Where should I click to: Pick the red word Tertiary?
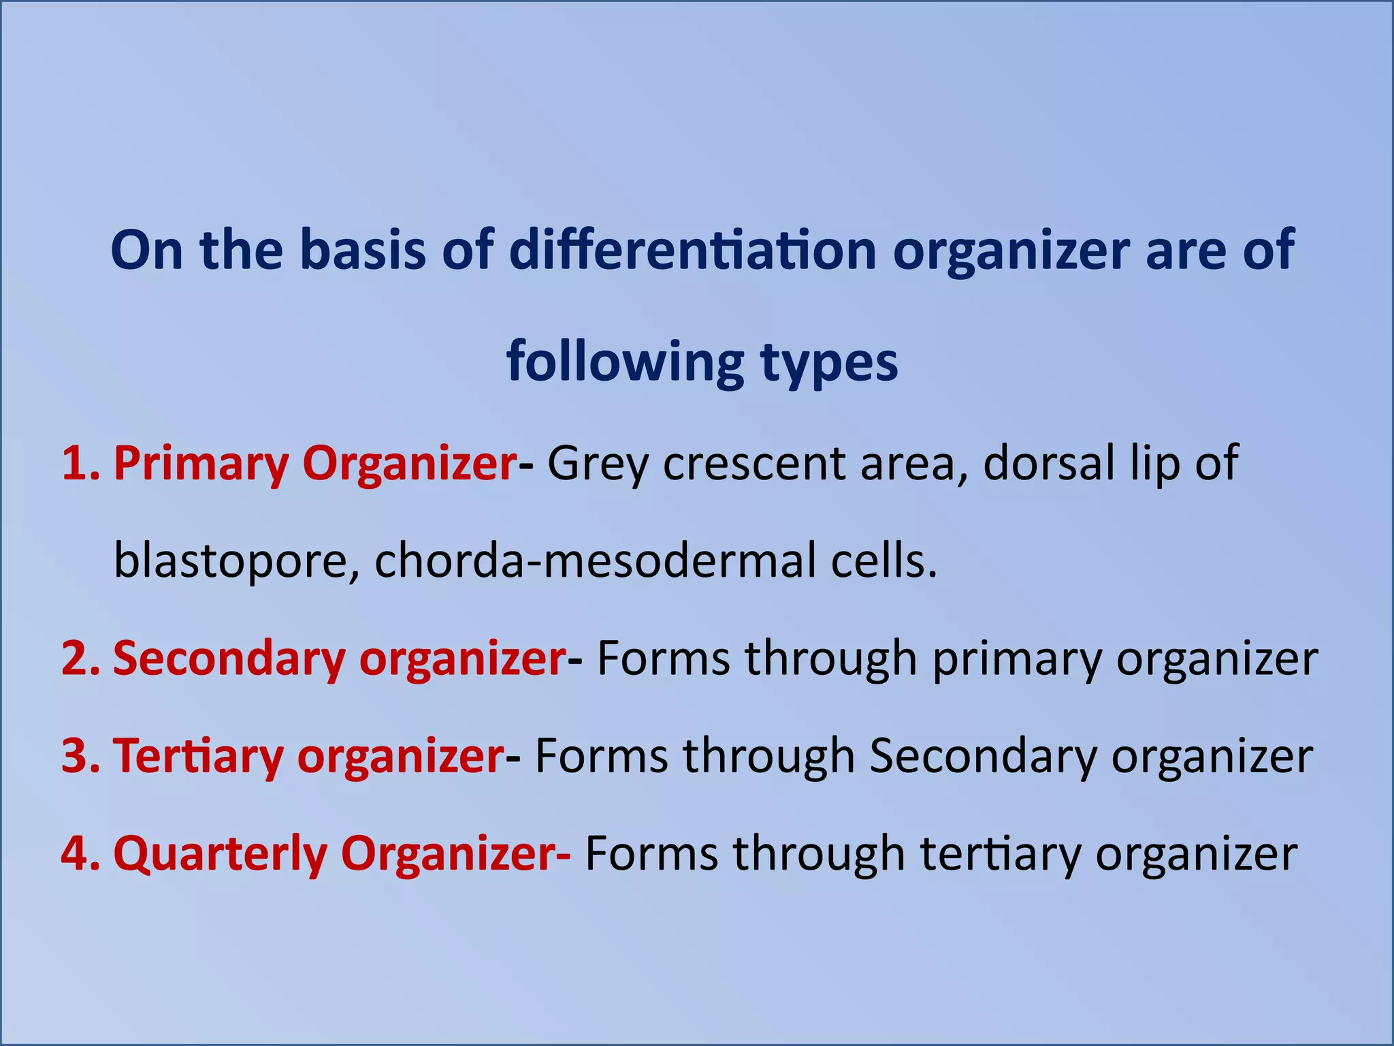point(198,757)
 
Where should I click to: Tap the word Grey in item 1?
point(598,465)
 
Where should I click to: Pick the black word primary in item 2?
point(1017,660)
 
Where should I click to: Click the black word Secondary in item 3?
point(983,757)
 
